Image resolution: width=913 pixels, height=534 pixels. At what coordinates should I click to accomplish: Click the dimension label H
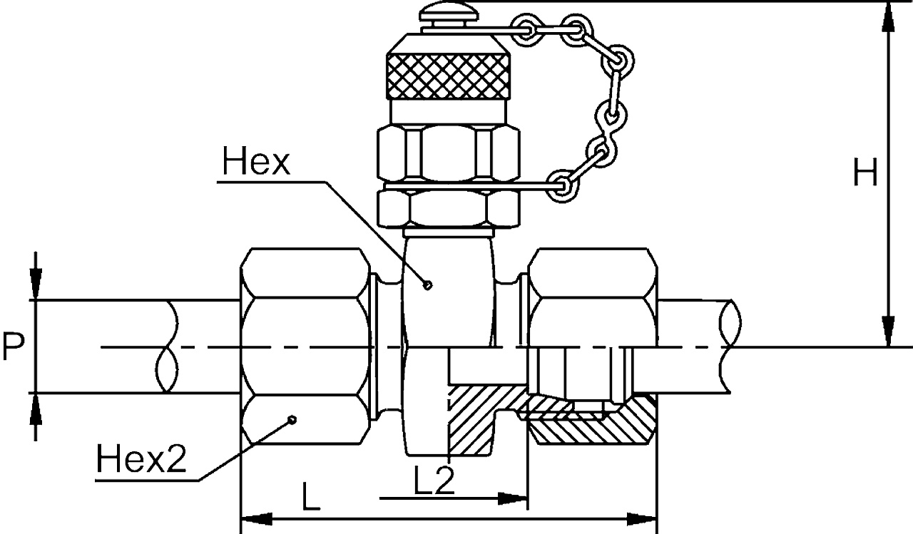click(865, 173)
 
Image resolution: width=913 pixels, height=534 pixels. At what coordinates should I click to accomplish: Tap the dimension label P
click(14, 347)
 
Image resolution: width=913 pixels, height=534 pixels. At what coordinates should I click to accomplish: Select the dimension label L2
click(434, 482)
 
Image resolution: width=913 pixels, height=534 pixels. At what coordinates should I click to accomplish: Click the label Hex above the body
click(255, 163)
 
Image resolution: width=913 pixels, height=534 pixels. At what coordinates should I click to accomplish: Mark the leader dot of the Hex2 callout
click(292, 419)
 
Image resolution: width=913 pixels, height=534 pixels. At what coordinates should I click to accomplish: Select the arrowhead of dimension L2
click(514, 498)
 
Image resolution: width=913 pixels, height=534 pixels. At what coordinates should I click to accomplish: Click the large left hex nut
click(305, 347)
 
